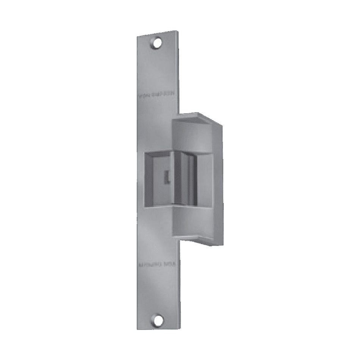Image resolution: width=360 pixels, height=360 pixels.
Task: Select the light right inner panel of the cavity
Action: pos(205,178)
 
